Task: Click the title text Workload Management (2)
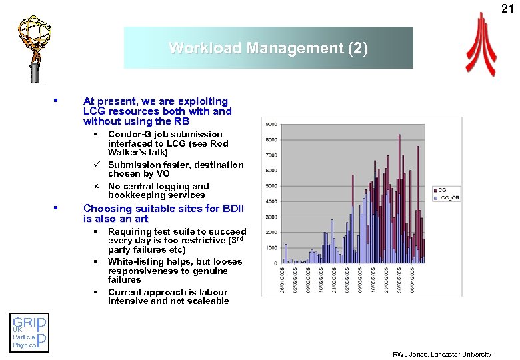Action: (x=268, y=48)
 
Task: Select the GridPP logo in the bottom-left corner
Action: (x=29, y=333)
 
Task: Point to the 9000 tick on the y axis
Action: (x=272, y=125)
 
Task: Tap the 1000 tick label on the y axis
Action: (x=272, y=247)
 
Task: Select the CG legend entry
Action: (x=442, y=190)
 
